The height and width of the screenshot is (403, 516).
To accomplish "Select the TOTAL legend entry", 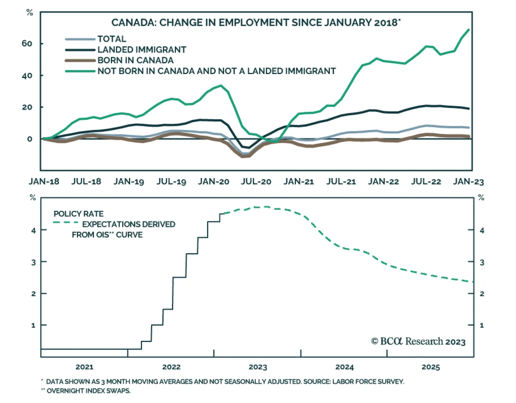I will click(x=112, y=39).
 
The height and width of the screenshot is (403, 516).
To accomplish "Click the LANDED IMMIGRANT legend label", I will click(x=142, y=50).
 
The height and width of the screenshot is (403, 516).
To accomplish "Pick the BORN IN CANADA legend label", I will click(x=135, y=60).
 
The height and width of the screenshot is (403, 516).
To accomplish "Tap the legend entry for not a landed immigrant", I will click(x=216, y=71).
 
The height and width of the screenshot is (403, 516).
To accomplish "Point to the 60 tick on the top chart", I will click(x=27, y=43).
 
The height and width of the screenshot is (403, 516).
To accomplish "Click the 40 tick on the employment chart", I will click(x=27, y=75).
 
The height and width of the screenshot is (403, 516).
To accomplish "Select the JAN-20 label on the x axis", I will click(x=213, y=182).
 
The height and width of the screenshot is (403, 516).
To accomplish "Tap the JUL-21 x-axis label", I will click(x=341, y=182).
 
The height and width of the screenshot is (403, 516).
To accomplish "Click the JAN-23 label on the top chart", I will click(x=468, y=182).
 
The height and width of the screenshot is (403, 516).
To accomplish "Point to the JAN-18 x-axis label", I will click(x=44, y=182).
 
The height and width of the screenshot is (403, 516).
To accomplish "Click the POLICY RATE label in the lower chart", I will click(x=78, y=214).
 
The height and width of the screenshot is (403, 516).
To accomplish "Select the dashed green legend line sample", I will click(x=65, y=223).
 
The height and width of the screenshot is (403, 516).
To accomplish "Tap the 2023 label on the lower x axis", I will click(x=258, y=367).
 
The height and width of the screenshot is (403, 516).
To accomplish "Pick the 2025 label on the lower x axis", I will click(x=431, y=367).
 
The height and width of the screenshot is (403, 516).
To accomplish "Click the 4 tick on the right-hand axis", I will click(x=482, y=230).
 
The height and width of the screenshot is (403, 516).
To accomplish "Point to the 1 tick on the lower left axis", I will click(x=33, y=325).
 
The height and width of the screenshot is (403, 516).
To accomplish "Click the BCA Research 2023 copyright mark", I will click(x=418, y=341).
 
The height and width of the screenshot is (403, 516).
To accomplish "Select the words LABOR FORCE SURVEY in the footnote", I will click(x=368, y=382).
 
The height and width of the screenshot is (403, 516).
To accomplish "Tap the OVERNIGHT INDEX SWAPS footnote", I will click(x=88, y=391).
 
